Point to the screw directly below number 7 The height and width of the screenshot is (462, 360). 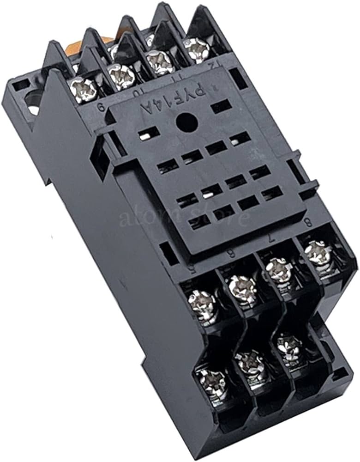pos(279,268)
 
